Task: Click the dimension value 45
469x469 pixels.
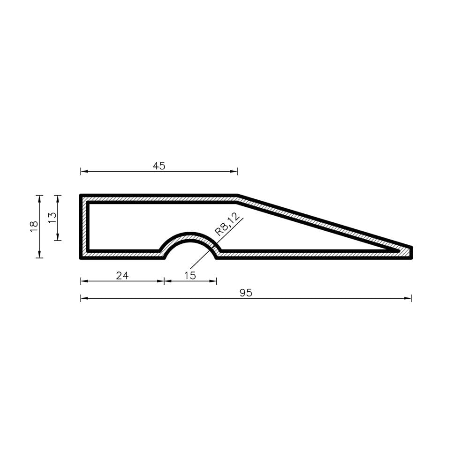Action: tap(159, 166)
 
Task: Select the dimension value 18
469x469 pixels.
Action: tap(34, 226)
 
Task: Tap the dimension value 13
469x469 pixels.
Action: tap(52, 218)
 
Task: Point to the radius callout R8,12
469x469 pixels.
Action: tap(227, 224)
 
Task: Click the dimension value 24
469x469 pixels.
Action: tap(122, 275)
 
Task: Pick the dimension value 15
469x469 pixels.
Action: tap(190, 275)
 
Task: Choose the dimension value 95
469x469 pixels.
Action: tap(246, 293)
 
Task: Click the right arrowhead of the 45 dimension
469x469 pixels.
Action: tap(234, 171)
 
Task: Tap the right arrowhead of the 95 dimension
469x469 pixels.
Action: tap(408, 298)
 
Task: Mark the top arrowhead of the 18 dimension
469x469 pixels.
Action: tap(39, 199)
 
